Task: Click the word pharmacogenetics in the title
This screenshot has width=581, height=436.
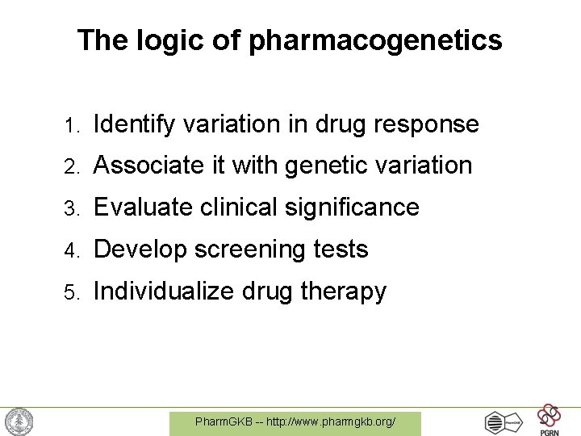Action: click(375, 40)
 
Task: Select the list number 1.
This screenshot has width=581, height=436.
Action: click(71, 126)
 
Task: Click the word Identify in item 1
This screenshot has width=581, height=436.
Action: click(135, 125)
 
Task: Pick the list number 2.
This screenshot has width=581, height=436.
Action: click(71, 166)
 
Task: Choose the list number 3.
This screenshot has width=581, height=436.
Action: click(71, 208)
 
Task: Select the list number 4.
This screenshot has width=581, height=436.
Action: click(71, 250)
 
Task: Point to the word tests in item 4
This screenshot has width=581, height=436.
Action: click(342, 249)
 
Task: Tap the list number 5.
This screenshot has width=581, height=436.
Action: click(71, 292)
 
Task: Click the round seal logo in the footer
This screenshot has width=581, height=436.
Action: click(19, 421)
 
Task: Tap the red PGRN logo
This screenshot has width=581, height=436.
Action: click(550, 418)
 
